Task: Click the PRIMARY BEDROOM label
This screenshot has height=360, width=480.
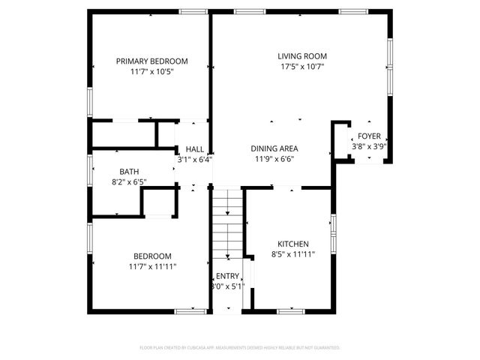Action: (x=151, y=61)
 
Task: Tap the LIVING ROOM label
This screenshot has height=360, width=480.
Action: (x=302, y=56)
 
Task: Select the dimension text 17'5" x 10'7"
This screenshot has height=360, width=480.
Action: (x=302, y=67)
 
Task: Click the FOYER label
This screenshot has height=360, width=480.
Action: (x=368, y=136)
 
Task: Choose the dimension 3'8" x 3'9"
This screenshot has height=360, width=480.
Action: (x=368, y=147)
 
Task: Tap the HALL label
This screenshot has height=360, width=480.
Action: (x=195, y=148)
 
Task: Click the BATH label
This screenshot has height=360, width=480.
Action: (x=120, y=172)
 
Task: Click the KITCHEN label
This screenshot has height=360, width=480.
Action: (x=292, y=244)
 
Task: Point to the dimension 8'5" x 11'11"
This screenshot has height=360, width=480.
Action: (x=292, y=255)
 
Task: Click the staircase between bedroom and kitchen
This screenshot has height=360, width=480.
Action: (x=226, y=225)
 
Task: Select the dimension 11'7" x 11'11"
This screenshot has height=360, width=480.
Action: (x=152, y=266)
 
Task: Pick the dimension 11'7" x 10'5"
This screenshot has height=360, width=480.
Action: (x=151, y=72)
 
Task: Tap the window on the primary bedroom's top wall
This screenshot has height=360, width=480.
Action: (x=193, y=11)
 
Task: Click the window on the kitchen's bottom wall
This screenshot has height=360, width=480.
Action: (x=289, y=310)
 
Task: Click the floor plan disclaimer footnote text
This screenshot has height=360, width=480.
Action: (x=240, y=348)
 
